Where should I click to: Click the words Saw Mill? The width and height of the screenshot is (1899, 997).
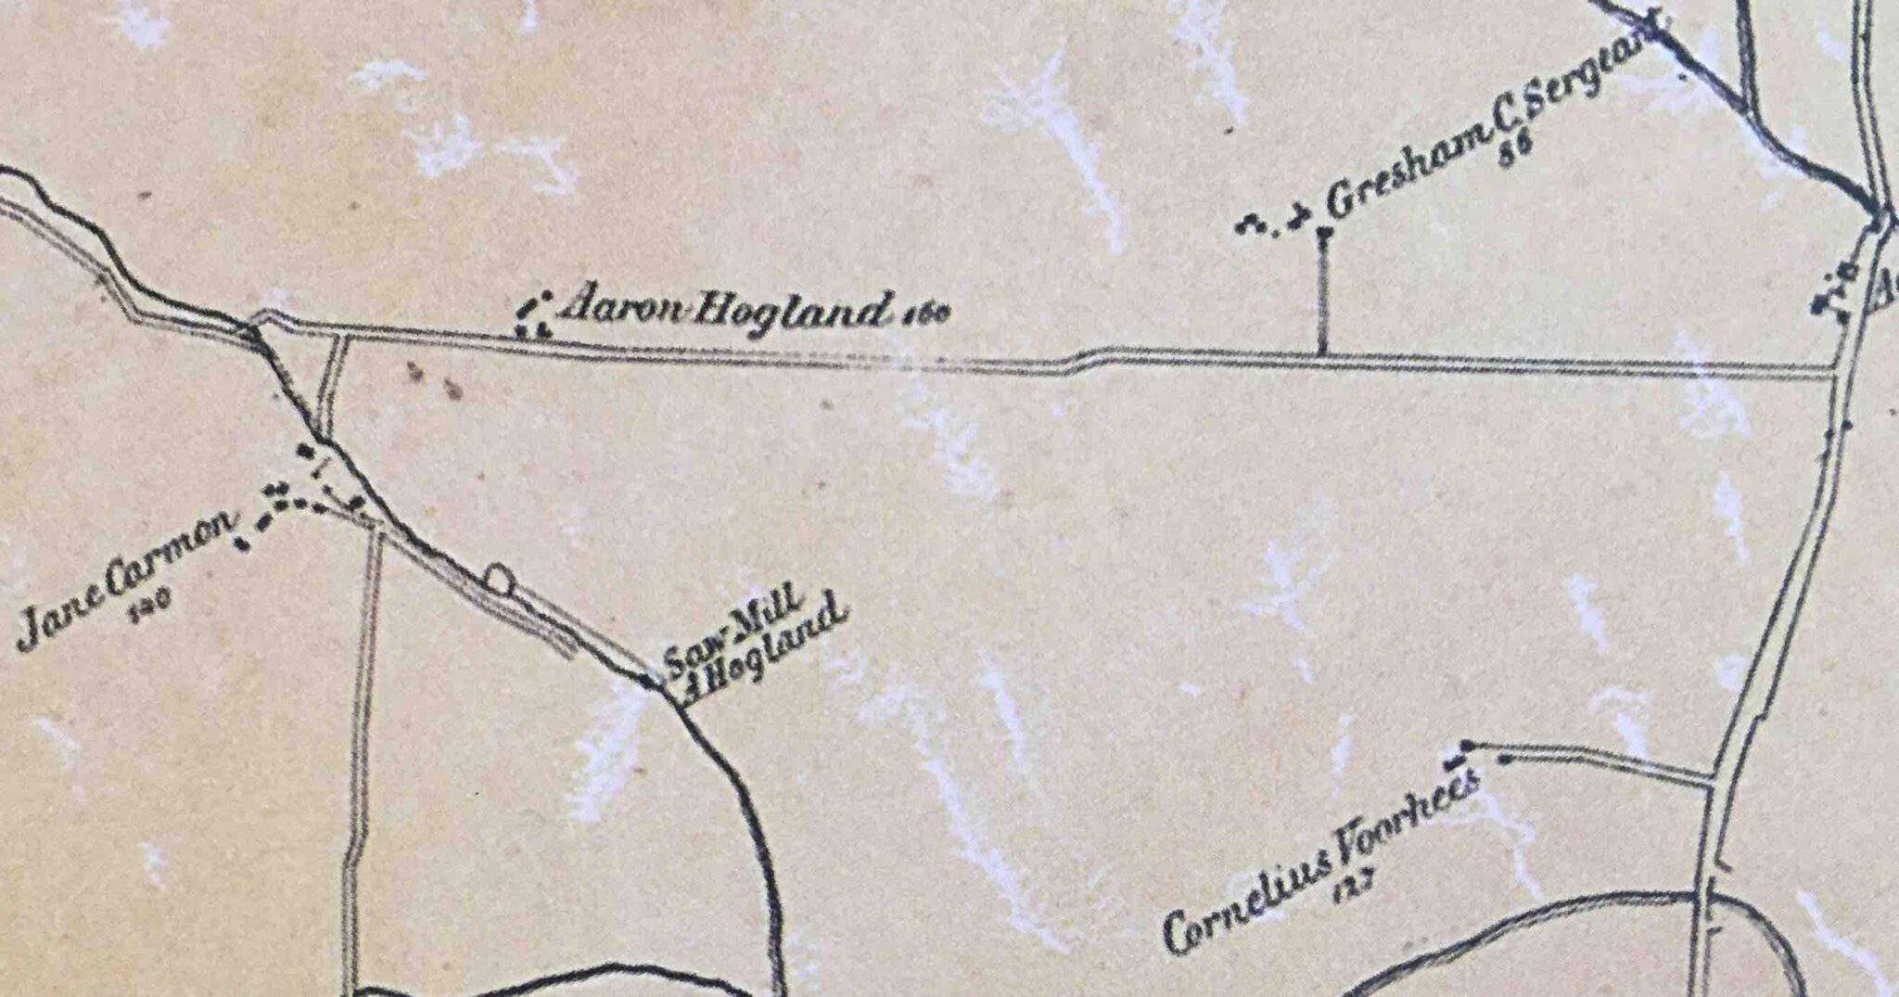[x=727, y=640]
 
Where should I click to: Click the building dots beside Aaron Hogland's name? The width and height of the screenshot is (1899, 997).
[x=533, y=315]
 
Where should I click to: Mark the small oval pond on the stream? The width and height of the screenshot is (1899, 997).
[x=498, y=580]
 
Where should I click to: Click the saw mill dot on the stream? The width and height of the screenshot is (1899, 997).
[x=646, y=682]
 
